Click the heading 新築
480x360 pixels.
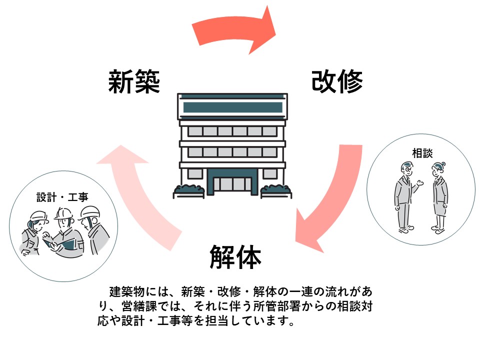[134, 81]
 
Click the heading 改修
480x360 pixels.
[336, 81]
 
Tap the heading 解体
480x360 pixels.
[235, 257]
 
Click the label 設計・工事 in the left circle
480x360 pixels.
[62, 197]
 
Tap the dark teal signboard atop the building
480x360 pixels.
[232, 107]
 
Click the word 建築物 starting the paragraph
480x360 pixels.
[125, 291]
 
